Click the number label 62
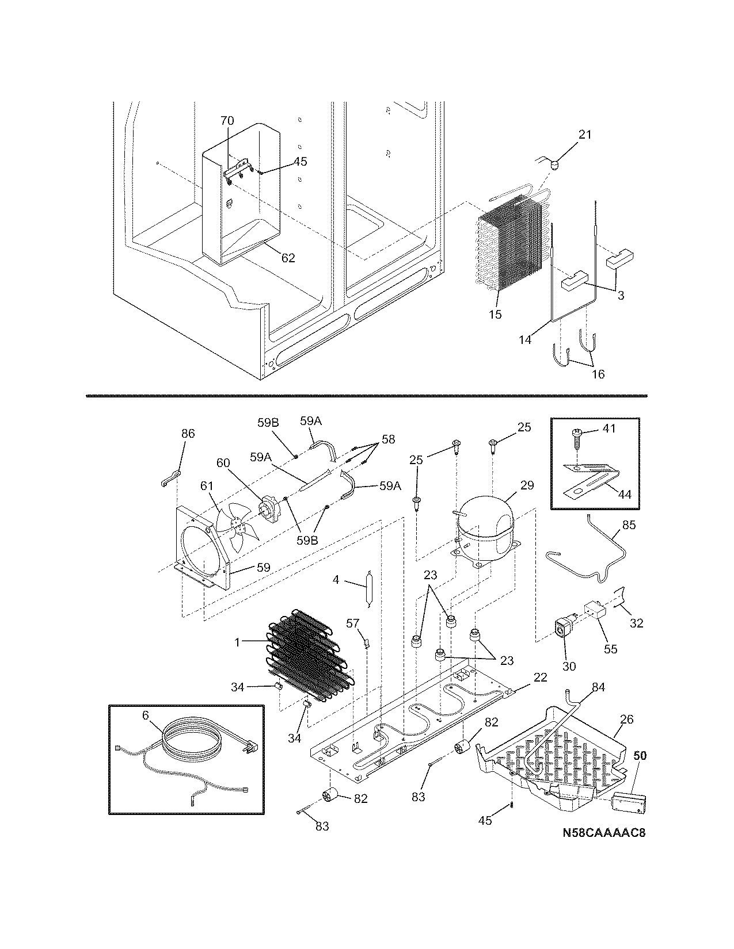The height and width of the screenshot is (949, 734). tap(288, 258)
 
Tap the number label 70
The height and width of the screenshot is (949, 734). tap(227, 121)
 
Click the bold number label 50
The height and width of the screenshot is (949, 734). tap(640, 756)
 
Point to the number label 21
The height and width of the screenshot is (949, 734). tap(585, 135)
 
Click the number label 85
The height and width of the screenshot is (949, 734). tap(629, 525)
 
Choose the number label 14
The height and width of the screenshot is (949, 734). tap(524, 339)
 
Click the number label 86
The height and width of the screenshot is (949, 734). tap(188, 434)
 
